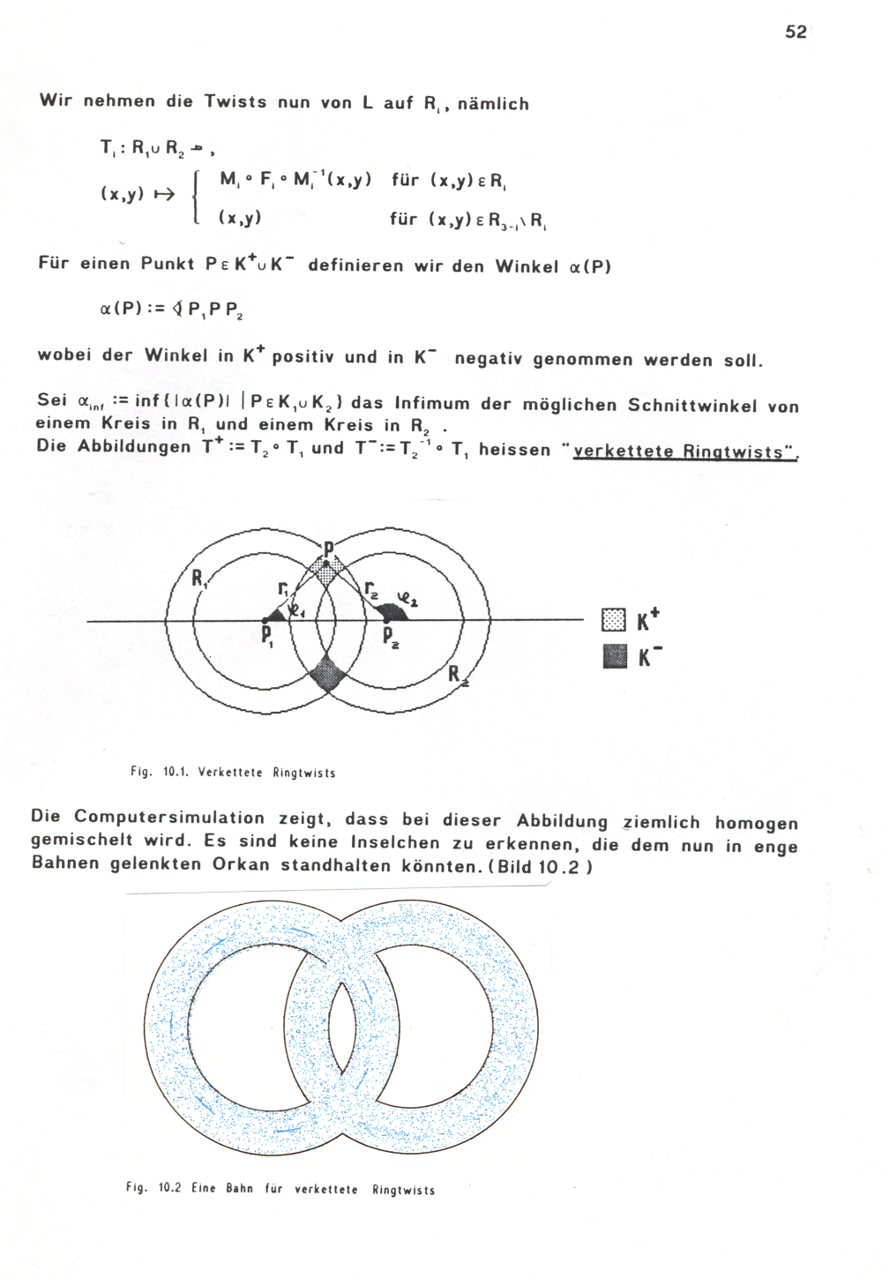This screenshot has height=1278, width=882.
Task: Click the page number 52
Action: (796, 32)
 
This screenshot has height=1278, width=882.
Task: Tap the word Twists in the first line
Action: (235, 101)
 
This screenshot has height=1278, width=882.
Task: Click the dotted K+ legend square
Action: (613, 620)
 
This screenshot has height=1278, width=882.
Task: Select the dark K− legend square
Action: (614, 656)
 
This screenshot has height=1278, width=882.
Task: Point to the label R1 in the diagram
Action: (199, 579)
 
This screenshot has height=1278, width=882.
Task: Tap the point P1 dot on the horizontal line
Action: (266, 621)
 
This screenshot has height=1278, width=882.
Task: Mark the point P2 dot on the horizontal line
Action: (387, 621)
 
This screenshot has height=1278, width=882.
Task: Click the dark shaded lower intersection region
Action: (327, 675)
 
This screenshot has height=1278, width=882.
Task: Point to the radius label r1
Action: (283, 588)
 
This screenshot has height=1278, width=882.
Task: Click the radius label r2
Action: (371, 588)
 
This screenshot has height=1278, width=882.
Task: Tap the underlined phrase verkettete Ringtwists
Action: (684, 452)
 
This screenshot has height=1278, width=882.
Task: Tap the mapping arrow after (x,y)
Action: (164, 195)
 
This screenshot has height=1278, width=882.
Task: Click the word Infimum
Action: (431, 404)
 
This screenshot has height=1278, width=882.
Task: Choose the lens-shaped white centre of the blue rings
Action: (340, 1023)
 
